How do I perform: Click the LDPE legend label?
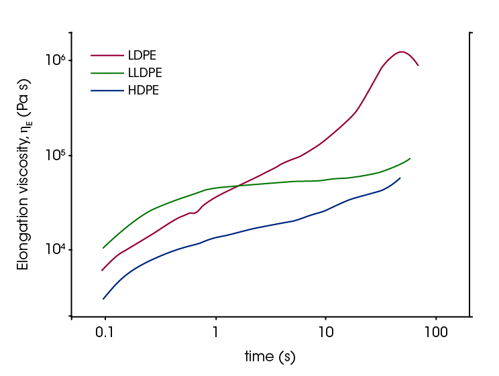tap(142, 55)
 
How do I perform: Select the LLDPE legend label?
tap(145, 72)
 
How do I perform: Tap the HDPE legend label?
tap(143, 90)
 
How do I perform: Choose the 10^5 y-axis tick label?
tap(54, 155)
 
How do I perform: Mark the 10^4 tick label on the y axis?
tap(54, 249)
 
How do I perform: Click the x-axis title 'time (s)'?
tap(270, 357)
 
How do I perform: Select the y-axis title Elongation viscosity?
tap(24, 180)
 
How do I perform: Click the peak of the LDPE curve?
tap(401, 52)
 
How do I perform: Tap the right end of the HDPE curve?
tap(400, 178)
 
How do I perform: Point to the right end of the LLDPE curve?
tap(410, 158)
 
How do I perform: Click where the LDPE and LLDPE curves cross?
tap(236, 186)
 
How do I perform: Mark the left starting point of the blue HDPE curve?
tap(103, 299)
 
